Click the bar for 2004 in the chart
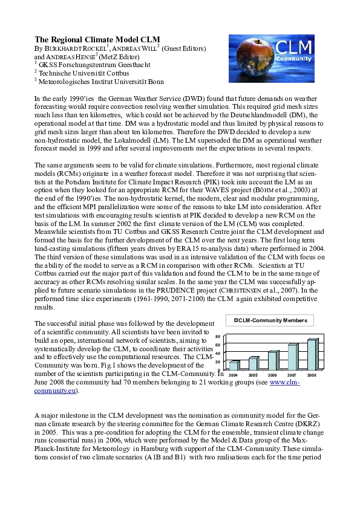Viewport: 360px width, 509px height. pos(234,365)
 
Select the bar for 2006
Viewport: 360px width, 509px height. pos(273,360)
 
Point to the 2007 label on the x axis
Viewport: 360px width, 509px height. pos(292,375)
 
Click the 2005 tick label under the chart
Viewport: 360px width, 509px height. pos(254,375)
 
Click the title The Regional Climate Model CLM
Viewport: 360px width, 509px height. pos(97,39)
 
